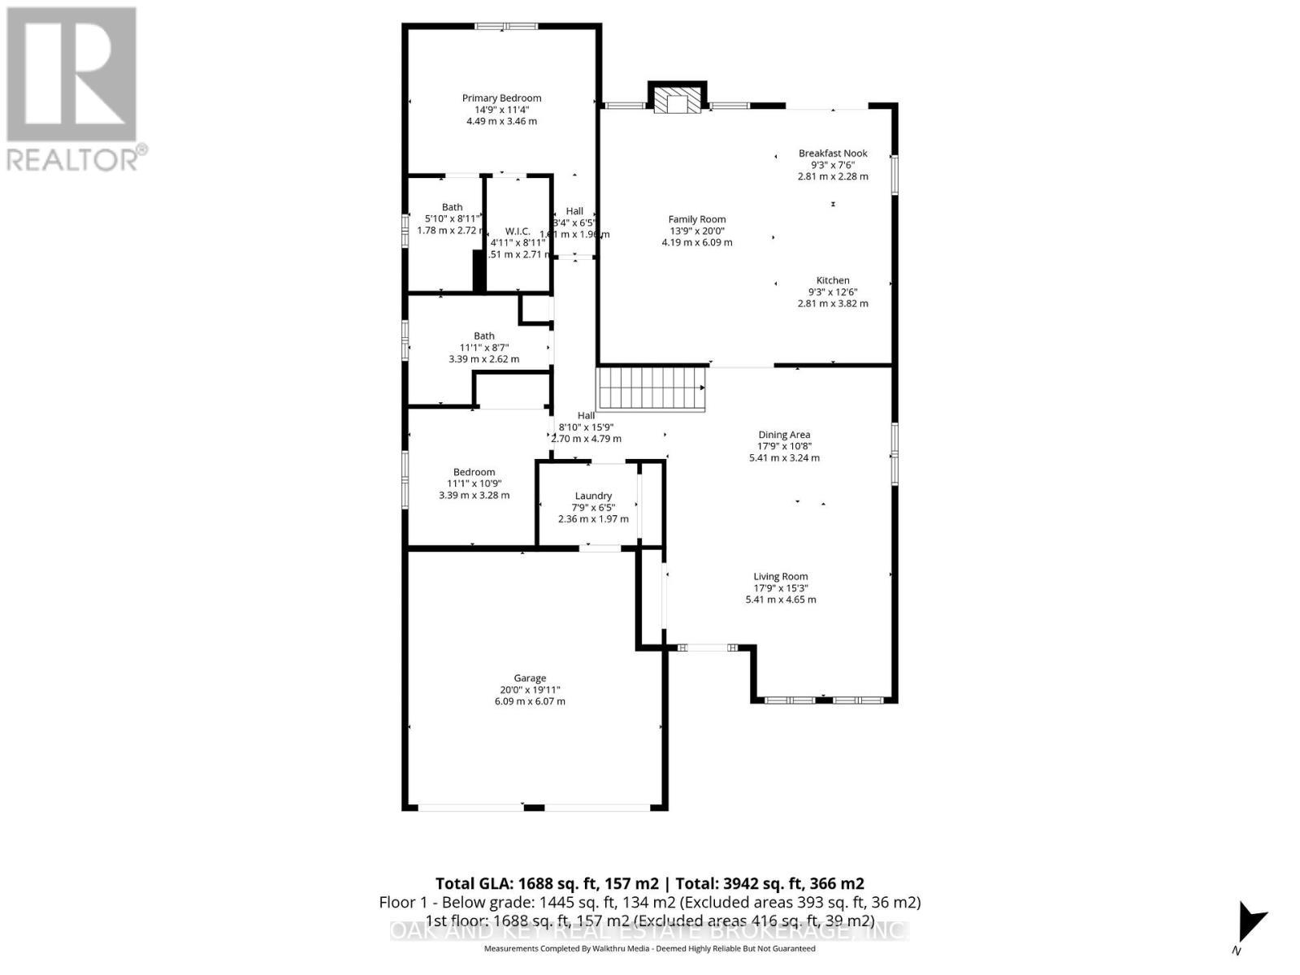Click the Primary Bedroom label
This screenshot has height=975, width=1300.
tap(501, 98)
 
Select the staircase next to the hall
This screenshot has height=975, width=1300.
tap(651, 388)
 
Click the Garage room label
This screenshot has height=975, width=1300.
tap(530, 678)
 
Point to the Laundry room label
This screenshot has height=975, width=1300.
tap(593, 496)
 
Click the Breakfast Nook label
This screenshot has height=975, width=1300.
tap(833, 154)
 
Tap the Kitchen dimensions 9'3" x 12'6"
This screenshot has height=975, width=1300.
tap(833, 292)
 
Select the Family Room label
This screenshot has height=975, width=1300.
tap(697, 219)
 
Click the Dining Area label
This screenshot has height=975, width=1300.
tap(784, 435)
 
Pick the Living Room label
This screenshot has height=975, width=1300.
tap(781, 577)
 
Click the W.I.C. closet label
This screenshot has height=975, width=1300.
tap(518, 232)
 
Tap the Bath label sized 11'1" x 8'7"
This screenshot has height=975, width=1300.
tap(484, 336)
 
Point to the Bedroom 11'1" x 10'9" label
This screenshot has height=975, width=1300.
tap(474, 472)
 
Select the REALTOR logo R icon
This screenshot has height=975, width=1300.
tap(71, 75)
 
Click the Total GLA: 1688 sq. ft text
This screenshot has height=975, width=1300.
tap(547, 884)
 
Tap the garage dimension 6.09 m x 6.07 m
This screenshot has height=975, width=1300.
tap(530, 701)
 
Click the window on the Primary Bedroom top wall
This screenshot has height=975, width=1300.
tap(506, 26)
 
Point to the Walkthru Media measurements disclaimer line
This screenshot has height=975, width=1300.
tap(649, 949)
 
